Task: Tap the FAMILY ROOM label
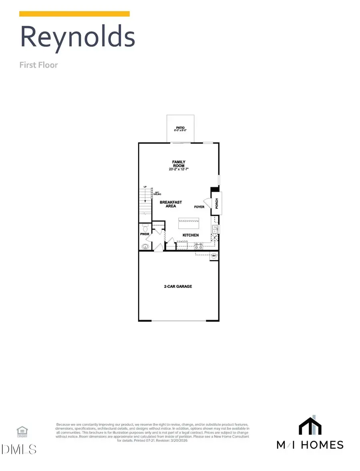(x=179, y=164)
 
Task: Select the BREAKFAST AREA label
(x=171, y=204)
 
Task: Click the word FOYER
(x=199, y=207)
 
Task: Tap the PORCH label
(x=217, y=203)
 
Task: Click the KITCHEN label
(x=191, y=235)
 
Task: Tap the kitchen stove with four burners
(x=198, y=246)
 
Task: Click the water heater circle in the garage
(x=214, y=256)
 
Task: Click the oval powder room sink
(x=145, y=246)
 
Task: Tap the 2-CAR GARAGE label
(x=178, y=287)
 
